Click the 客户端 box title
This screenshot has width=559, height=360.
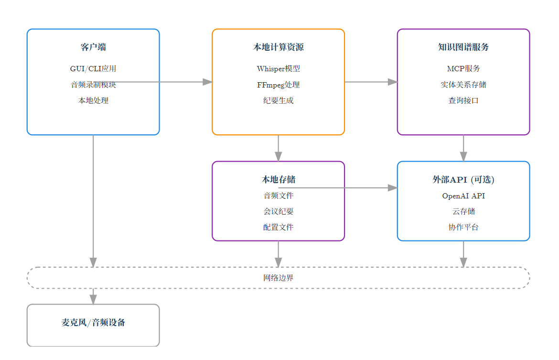[93, 47]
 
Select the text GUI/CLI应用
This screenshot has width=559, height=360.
[93, 69]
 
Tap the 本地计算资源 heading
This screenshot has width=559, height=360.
[278, 47]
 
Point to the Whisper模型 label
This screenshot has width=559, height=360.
[278, 69]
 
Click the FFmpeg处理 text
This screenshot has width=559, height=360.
[278, 85]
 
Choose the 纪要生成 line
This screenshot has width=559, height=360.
[278, 101]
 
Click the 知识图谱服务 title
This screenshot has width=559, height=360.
[463, 47]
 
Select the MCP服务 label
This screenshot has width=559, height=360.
[463, 69]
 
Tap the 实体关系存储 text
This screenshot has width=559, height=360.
[463, 85]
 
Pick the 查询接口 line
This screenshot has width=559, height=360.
[463, 101]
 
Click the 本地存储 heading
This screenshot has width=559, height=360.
[278, 180]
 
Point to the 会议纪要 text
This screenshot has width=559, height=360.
[278, 211]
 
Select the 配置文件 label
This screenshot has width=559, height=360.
[278, 227]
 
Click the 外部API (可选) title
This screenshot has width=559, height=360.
[463, 180]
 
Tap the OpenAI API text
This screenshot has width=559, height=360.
[463, 196]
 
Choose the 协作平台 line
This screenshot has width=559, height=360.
[463, 227]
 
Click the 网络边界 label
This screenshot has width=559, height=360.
[278, 278]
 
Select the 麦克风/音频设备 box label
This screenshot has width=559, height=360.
[93, 323]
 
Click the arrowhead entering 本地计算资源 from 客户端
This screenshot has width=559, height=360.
[207, 82]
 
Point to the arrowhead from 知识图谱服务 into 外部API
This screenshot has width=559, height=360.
[463, 156]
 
